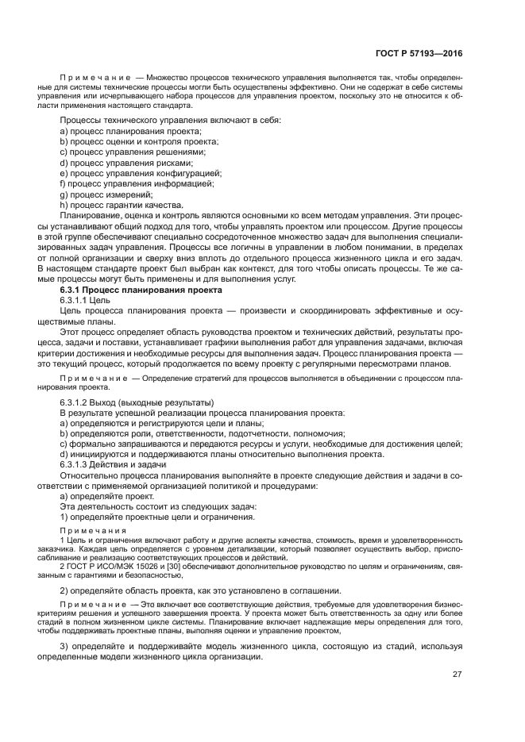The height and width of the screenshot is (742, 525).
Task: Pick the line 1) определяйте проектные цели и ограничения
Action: tap(157, 517)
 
